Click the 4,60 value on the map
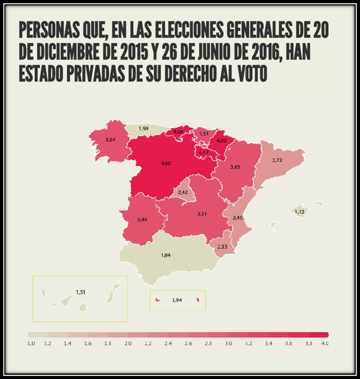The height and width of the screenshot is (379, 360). click(167, 163)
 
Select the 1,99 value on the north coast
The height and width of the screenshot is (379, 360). click(143, 128)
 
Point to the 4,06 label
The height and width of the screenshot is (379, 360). click(178, 131)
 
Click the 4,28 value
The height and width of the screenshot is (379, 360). click(221, 141)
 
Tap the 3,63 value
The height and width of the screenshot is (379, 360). click(235, 167)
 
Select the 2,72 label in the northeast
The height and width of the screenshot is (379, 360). click(277, 160)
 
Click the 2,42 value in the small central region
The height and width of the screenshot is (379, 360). click(183, 192)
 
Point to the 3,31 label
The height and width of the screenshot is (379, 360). click(202, 213)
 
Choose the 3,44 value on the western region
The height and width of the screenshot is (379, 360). click(142, 219)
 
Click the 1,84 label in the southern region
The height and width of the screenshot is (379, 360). click(166, 255)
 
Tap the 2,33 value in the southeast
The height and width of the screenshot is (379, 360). click(222, 247)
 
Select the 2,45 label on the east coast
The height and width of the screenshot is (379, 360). click(238, 217)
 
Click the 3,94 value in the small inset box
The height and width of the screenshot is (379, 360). click(176, 300)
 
